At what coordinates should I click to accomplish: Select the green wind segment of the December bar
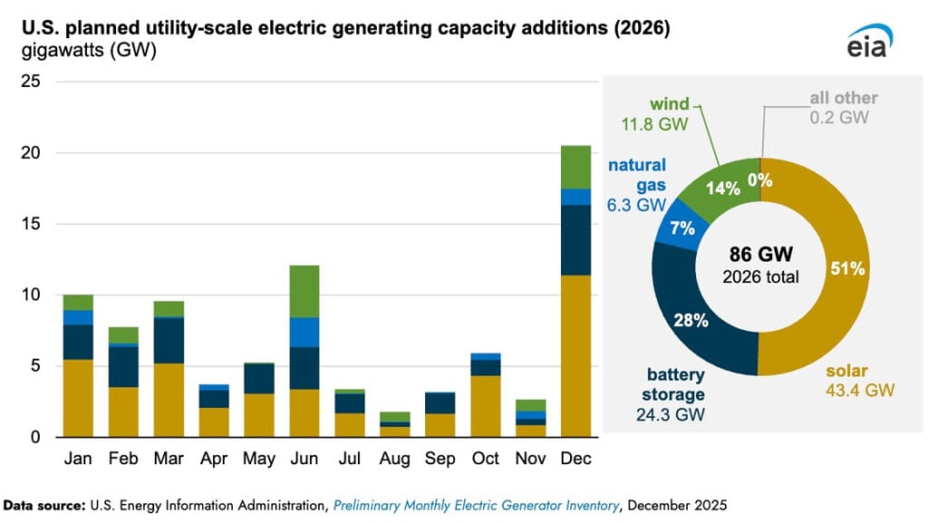[575, 167]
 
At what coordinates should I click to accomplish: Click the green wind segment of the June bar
[304, 291]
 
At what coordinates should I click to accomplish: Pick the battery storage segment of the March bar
[169, 340]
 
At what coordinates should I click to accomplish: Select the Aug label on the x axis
[394, 459]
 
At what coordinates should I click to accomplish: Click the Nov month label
[530, 459]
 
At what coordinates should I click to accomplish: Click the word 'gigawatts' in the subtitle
[53, 51]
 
